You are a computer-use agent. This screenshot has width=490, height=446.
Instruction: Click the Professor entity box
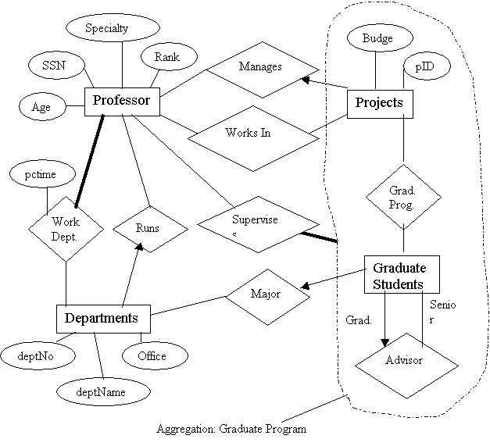click(122, 101)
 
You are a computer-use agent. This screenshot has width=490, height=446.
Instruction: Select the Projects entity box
click(379, 103)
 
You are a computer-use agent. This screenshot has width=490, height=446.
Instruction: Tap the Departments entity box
click(102, 318)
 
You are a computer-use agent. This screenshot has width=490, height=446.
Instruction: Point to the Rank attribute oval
click(166, 57)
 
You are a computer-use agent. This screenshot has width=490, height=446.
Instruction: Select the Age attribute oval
click(41, 108)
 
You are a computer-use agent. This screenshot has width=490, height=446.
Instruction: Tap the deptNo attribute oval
click(37, 355)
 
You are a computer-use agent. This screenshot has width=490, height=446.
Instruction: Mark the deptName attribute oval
click(103, 390)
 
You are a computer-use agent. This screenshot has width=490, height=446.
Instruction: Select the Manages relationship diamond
click(260, 67)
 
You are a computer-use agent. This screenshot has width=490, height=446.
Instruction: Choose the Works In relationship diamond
click(248, 133)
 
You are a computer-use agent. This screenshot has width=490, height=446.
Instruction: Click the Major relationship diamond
click(265, 295)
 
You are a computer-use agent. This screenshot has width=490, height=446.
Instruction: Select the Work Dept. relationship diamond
click(65, 227)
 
